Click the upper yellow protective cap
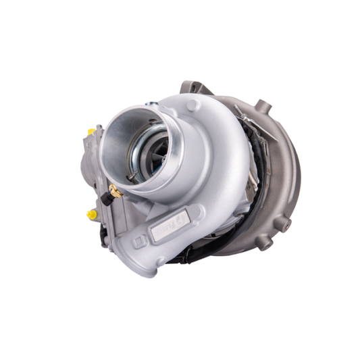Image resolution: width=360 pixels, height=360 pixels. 91,130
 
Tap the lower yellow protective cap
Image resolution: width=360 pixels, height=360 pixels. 90,214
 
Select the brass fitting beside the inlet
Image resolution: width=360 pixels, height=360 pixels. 115,192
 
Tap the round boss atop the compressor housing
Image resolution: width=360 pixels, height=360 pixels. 193,105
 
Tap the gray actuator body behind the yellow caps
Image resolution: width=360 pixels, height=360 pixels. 91,172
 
